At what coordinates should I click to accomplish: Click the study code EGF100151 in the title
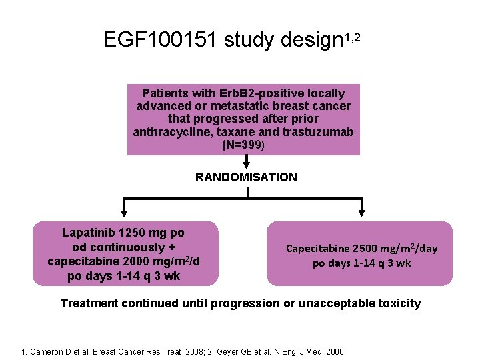click(160, 41)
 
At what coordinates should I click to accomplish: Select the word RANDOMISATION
click(246, 177)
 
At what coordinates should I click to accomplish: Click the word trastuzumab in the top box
click(317, 131)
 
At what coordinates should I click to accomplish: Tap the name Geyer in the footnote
click(227, 351)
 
